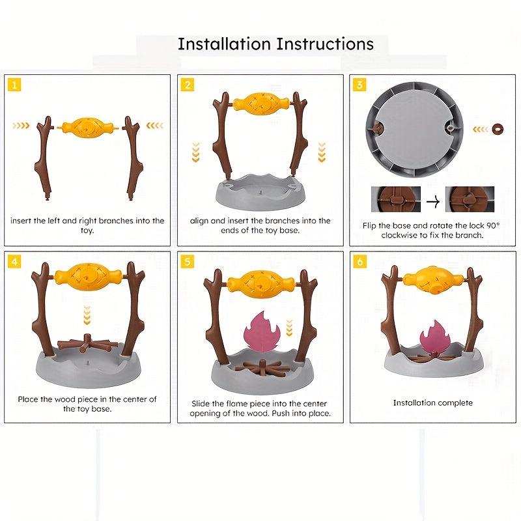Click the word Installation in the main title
pyautogui.click(x=224, y=44)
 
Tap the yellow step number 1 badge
pyautogui.click(x=14, y=85)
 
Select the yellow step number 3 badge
pyautogui.click(x=359, y=85)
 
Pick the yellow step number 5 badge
pyautogui.click(x=188, y=262)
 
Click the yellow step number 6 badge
pyautogui.click(x=360, y=262)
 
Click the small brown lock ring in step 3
pyautogui.click(x=498, y=129)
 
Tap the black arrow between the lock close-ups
pyautogui.click(x=433, y=201)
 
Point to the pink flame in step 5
pyautogui.click(x=262, y=331)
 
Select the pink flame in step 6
pyautogui.click(x=434, y=337)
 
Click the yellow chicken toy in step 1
pyautogui.click(x=88, y=128)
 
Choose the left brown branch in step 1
pyautogui.click(x=44, y=158)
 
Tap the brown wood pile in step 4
pyautogui.click(x=87, y=344)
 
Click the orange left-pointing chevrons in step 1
pyautogui.click(x=155, y=125)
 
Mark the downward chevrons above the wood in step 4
pyautogui.click(x=87, y=315)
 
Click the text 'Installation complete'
pyautogui.click(x=433, y=402)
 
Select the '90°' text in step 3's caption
pyautogui.click(x=493, y=225)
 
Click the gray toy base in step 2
pyautogui.click(x=260, y=192)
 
